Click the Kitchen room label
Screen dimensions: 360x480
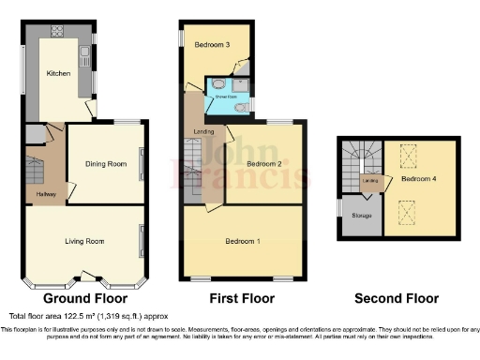pos(60,72)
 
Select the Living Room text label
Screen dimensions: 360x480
pos(84,242)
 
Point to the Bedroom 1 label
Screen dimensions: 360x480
pos(244,242)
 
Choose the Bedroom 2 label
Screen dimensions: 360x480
pos(264,165)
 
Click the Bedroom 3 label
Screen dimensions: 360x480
pos(213,44)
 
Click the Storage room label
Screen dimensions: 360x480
pos(361,217)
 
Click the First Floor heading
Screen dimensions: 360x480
pos(243,299)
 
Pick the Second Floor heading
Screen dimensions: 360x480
pos(396,299)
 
